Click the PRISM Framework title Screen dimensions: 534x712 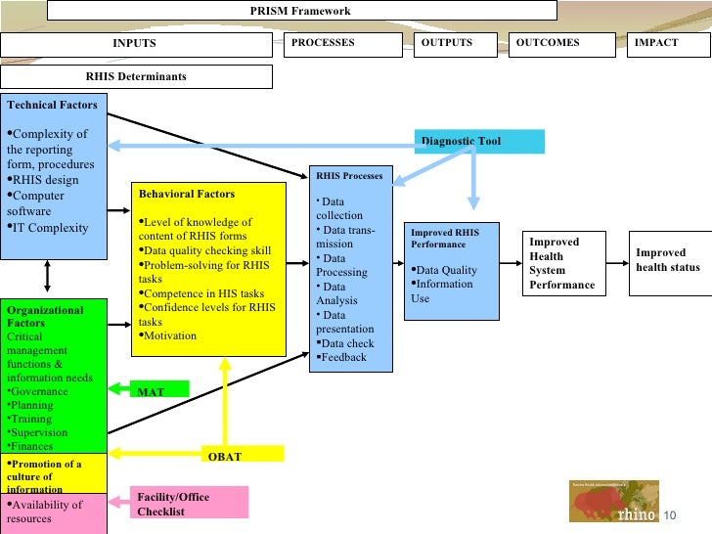point(300,11)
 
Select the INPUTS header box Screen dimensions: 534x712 point(135,44)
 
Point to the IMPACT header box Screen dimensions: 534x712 point(668,44)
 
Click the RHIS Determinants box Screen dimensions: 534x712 point(135,76)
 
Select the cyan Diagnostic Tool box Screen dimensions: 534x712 point(478,142)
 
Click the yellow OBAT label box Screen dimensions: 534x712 point(245,456)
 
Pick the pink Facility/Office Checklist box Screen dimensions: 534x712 point(189,503)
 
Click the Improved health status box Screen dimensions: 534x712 point(668,259)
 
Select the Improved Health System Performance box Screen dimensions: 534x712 point(563,262)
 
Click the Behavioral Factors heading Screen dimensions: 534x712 point(186,194)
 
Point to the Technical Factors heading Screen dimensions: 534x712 point(52,104)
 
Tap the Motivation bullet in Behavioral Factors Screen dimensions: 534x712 point(170,335)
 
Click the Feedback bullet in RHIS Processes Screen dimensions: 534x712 point(343,357)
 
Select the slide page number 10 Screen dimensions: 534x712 point(669,515)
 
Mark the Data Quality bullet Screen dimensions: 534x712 point(446,270)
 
